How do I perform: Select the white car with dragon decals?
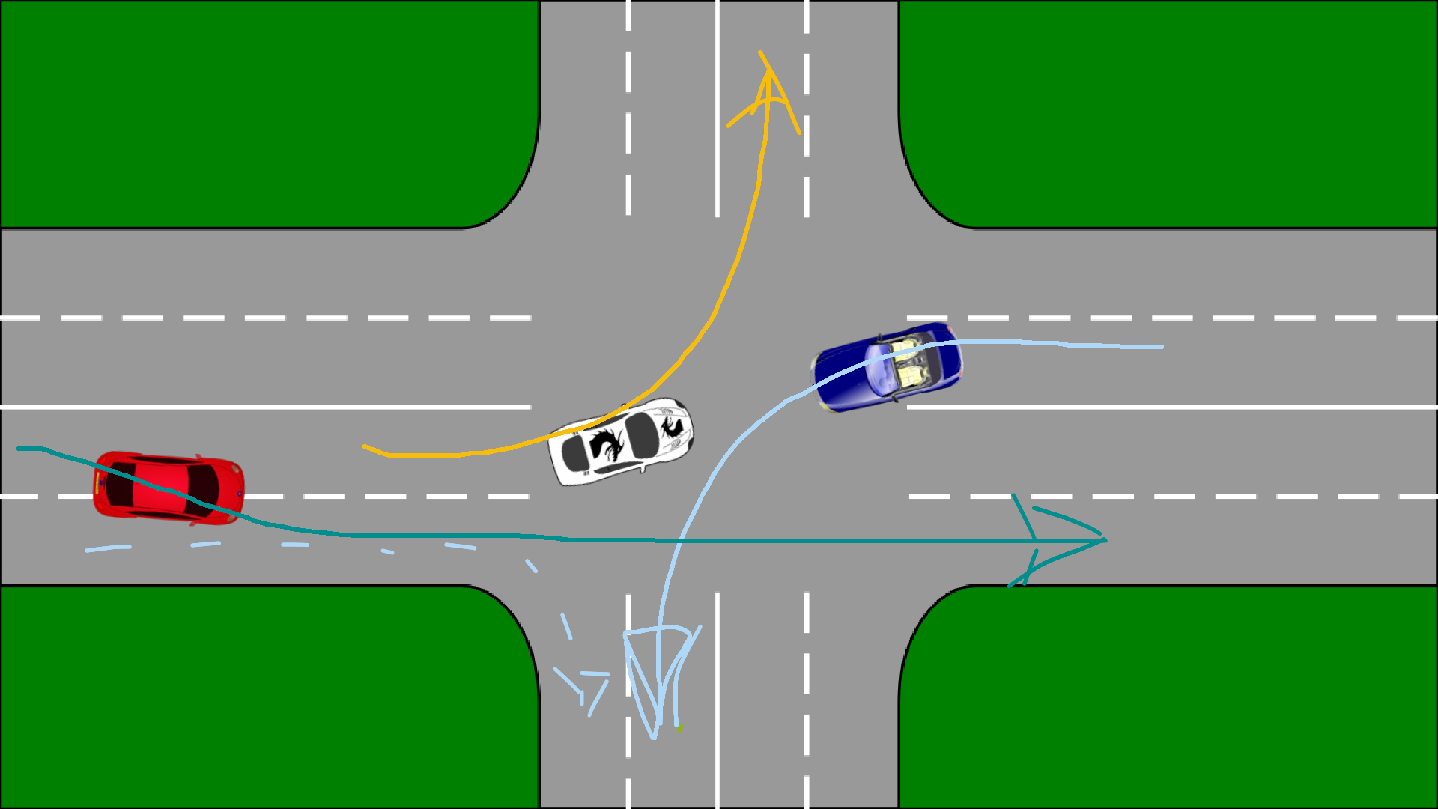click(620, 441)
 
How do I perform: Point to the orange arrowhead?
click(767, 82)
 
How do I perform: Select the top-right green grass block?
click(1183, 112)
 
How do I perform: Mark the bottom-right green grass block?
click(1183, 697)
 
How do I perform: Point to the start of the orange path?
click(365, 447)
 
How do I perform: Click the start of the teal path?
click(19, 449)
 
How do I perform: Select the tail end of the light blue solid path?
click(1161, 347)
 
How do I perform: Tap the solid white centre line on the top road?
click(718, 112)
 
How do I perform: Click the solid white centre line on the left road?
click(262, 407)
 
